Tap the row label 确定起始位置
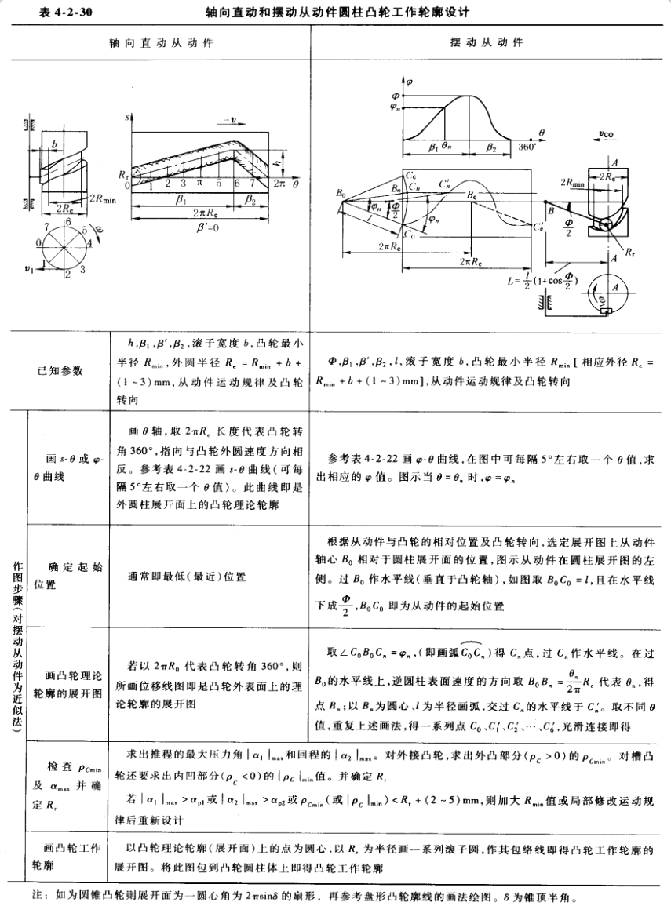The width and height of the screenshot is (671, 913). [60, 575]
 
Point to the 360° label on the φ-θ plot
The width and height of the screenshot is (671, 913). [527, 146]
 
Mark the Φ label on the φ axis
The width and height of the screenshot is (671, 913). [396, 96]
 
